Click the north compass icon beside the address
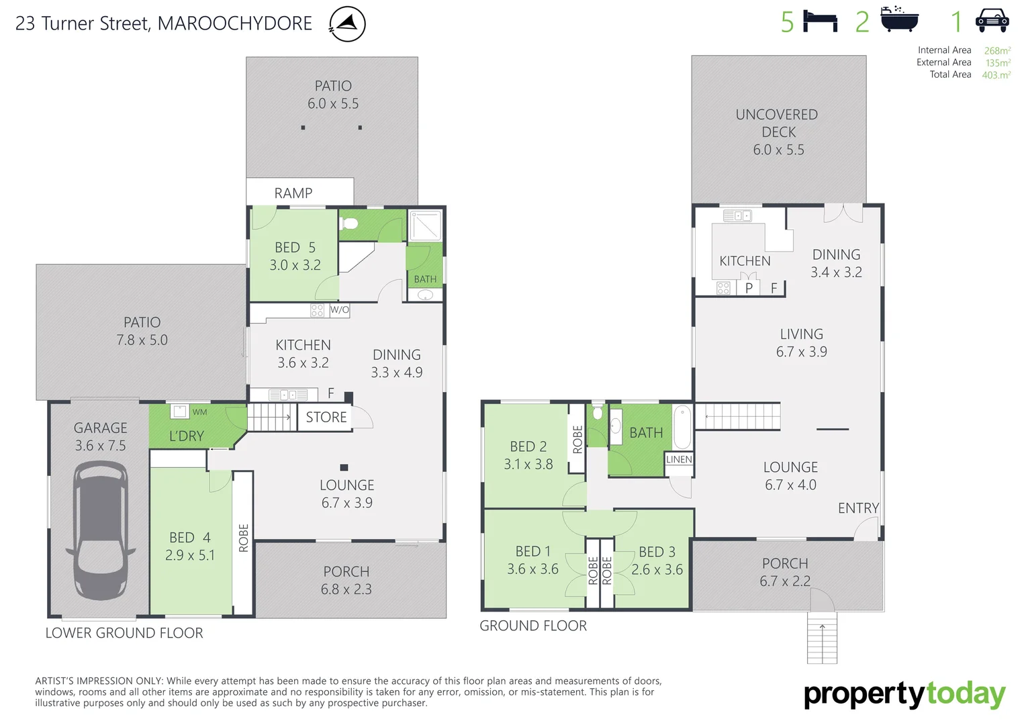point(347,24)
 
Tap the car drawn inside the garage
point(101,530)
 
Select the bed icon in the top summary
point(820,21)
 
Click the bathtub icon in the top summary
point(899,20)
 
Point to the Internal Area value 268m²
point(997,50)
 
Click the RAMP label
point(293,193)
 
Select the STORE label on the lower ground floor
point(326,417)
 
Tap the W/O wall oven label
point(340,309)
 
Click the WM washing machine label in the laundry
point(199,412)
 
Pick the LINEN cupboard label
point(679,459)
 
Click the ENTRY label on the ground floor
point(858,508)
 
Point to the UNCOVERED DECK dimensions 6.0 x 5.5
point(778,150)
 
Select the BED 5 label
point(295,248)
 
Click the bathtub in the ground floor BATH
point(682,427)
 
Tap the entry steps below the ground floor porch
point(823,638)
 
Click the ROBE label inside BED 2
point(577,439)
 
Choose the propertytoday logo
point(904,695)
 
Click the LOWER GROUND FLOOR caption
point(124,633)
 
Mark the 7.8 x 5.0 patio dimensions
point(142,340)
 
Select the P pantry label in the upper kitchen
point(749,288)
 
